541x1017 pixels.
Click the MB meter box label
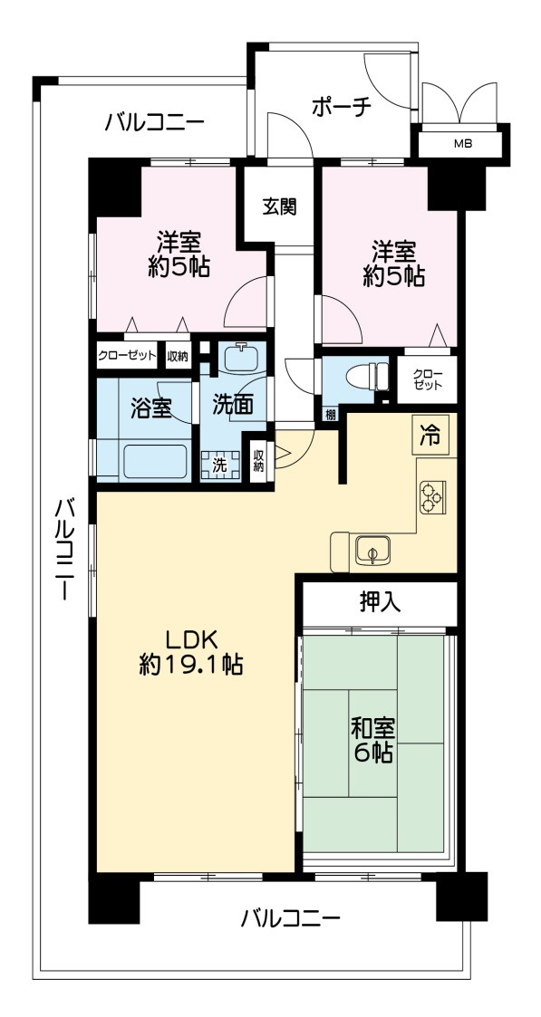pyautogui.click(x=462, y=143)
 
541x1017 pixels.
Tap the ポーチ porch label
pyautogui.click(x=342, y=106)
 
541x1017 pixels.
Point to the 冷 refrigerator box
pyautogui.click(x=430, y=436)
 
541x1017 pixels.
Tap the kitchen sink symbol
pyautogui.click(x=372, y=550)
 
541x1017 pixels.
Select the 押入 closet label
pyautogui.click(x=380, y=601)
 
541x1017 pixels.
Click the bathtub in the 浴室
pyautogui.click(x=155, y=460)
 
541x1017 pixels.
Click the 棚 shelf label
pyautogui.click(x=328, y=416)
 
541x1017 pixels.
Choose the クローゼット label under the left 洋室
pyautogui.click(x=126, y=356)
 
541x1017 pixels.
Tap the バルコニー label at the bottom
pyautogui.click(x=290, y=919)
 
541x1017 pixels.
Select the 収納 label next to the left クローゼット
pyautogui.click(x=178, y=356)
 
